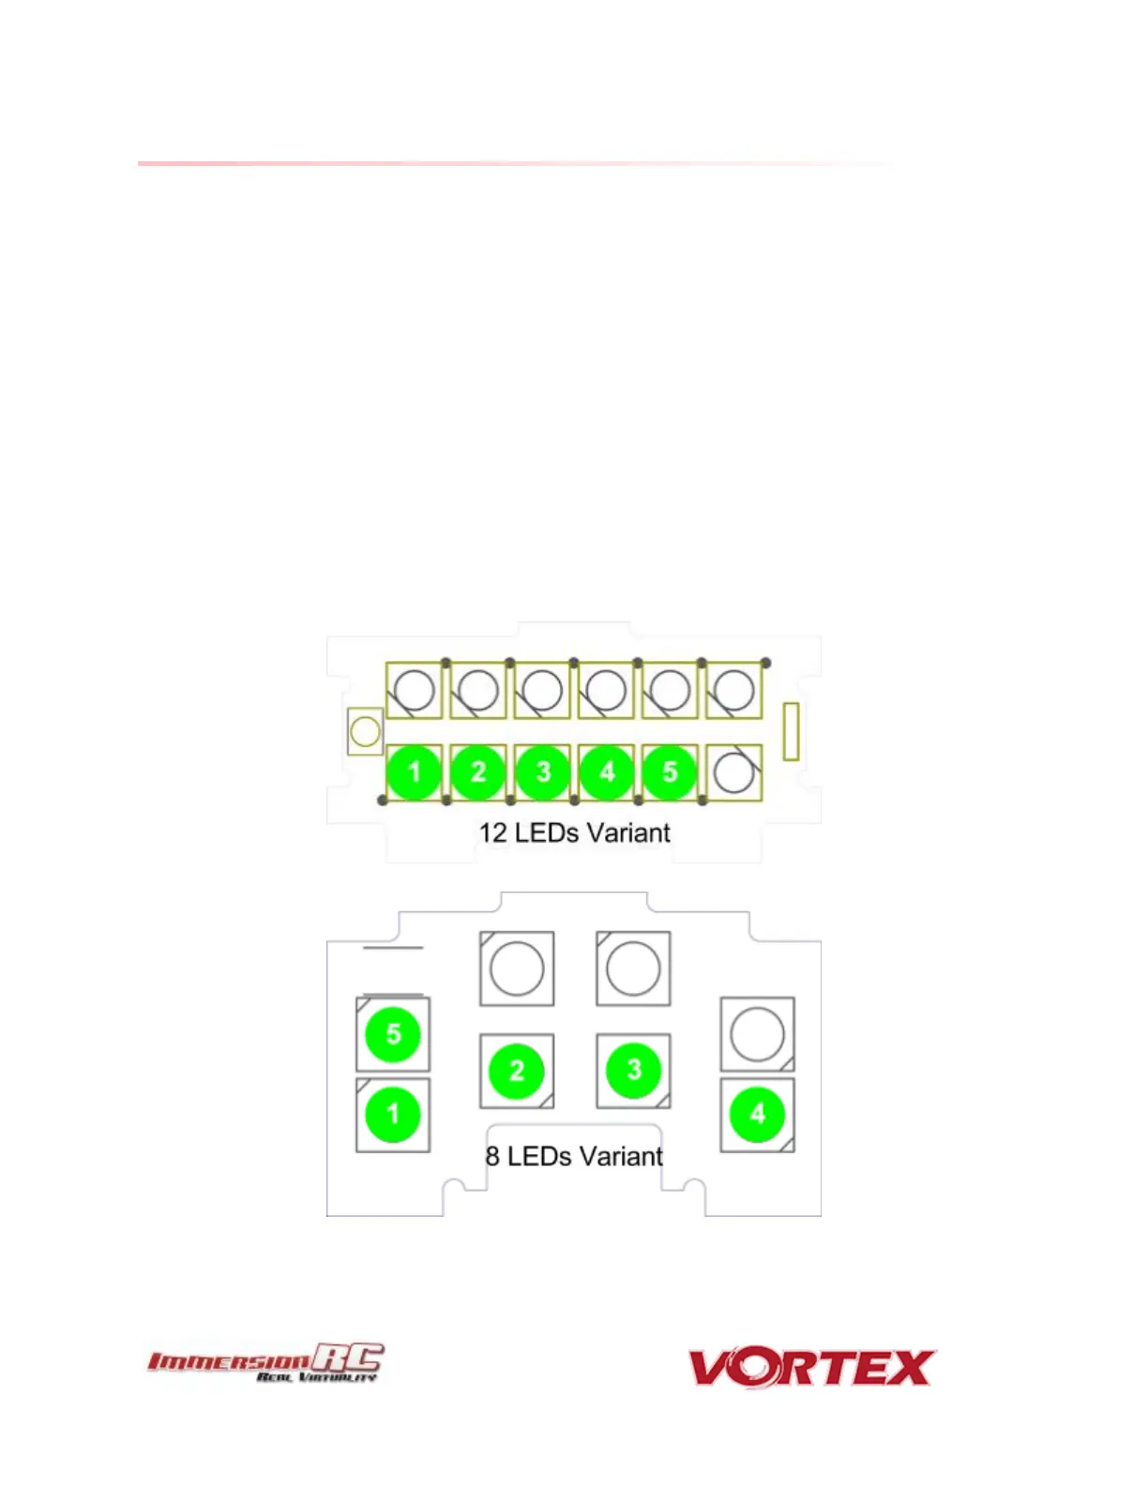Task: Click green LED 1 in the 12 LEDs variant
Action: pos(414,772)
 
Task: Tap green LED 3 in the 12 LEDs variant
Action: pos(542,772)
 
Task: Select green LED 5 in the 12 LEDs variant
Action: pos(670,772)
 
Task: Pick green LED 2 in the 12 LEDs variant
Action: pos(478,772)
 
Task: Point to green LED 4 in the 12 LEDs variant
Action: pos(607,772)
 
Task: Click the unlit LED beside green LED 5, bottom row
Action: pos(733,772)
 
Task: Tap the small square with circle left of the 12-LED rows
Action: pos(365,731)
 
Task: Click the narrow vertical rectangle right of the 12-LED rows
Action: pos(791,731)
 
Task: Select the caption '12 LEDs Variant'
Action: pos(574,832)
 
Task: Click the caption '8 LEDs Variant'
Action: pos(574,1156)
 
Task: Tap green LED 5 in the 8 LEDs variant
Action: pos(393,1034)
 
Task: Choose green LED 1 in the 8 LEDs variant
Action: pos(393,1115)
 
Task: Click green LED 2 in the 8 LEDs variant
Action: pos(516,1071)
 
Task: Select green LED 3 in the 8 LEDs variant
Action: pos(634,1071)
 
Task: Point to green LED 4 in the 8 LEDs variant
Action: pos(757,1115)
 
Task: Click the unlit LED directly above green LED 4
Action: pos(757,1034)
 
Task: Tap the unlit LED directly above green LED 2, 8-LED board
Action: pos(517,968)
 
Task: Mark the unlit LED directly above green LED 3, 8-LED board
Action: pos(633,968)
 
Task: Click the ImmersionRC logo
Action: pos(265,1362)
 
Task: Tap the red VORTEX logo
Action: pos(812,1368)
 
